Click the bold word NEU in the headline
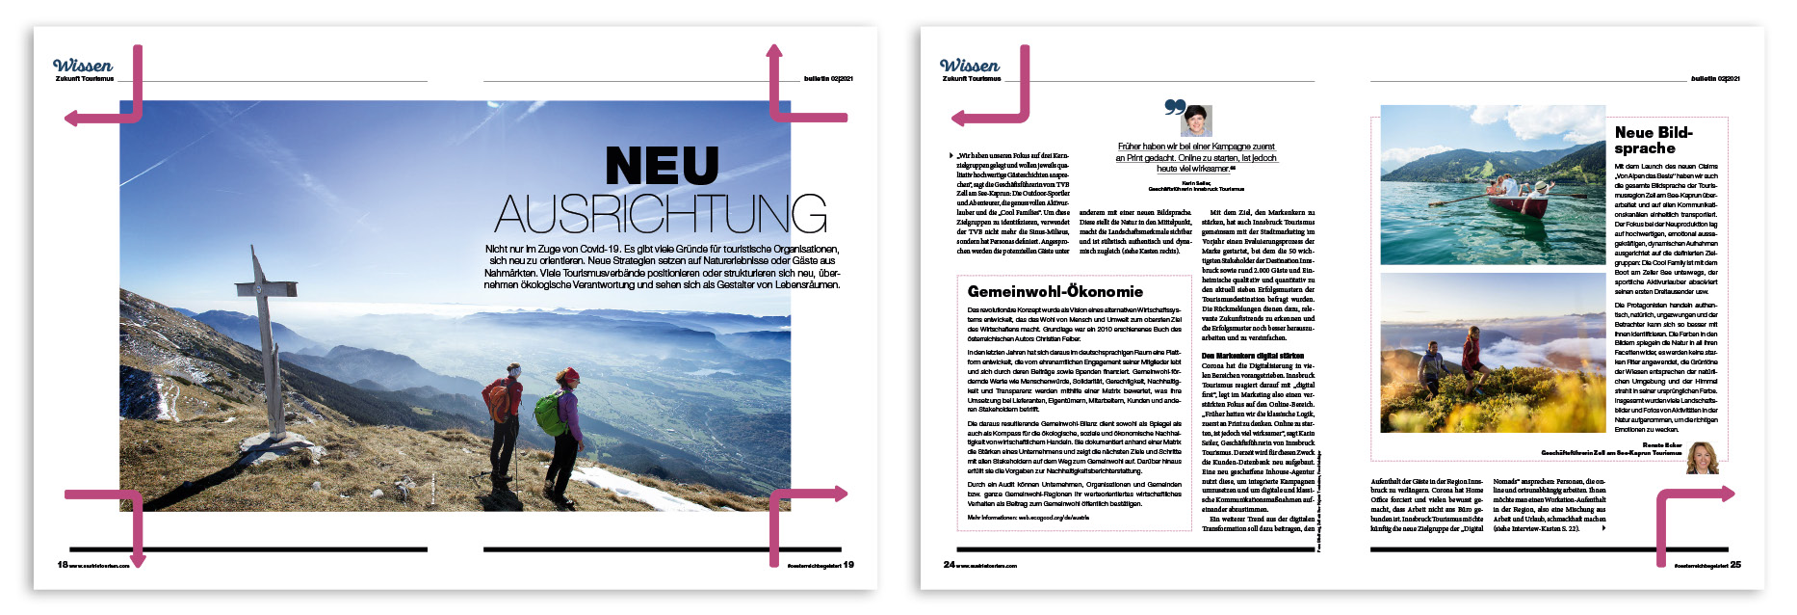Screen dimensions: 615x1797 click(662, 166)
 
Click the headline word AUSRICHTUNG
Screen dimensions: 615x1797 click(661, 214)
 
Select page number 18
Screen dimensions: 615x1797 click(63, 565)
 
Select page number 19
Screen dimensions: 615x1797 click(848, 565)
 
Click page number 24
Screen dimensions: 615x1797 click(949, 565)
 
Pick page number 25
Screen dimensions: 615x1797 click(1735, 565)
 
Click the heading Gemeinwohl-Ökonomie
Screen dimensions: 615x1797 click(1055, 291)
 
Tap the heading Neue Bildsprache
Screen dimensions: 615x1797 click(1653, 140)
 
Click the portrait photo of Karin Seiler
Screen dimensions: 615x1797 click(1196, 120)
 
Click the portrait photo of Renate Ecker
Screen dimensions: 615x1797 click(1702, 458)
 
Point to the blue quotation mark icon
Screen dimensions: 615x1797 click(1174, 107)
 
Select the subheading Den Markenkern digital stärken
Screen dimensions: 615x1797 click(1252, 356)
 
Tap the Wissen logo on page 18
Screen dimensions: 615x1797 click(83, 66)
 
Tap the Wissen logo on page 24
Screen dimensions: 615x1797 click(970, 66)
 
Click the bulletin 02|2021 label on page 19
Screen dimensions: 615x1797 click(828, 78)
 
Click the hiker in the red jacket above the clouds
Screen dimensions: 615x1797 click(1471, 353)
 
